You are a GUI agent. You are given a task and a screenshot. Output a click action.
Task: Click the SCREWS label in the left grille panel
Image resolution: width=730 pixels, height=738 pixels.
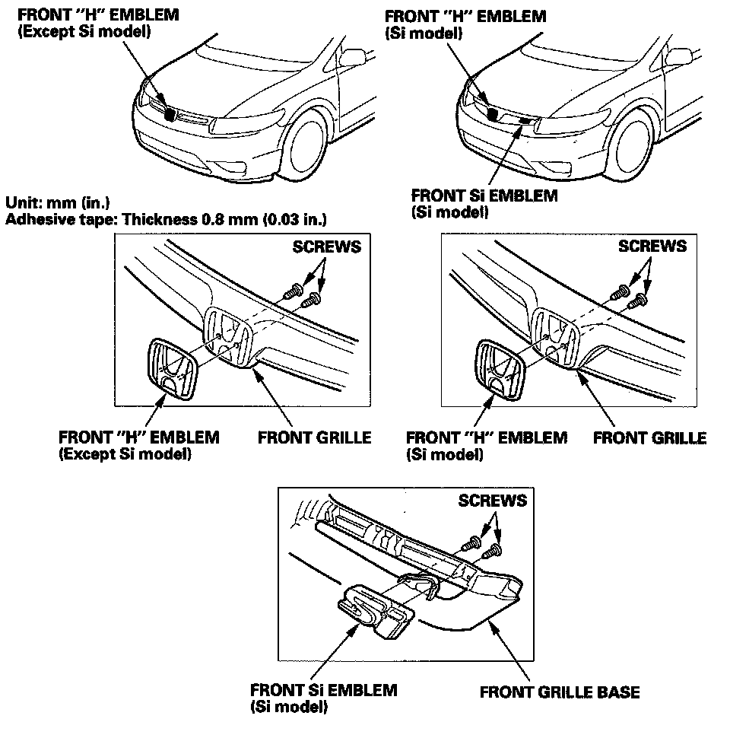click(x=326, y=247)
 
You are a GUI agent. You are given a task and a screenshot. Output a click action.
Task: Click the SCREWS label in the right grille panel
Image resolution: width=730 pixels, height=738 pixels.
click(x=652, y=246)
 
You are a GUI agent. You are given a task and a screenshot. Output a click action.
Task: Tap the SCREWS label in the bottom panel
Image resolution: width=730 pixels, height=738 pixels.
click(x=492, y=501)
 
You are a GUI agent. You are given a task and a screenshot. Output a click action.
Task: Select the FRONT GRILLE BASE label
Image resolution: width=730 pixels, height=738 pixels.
click(x=560, y=692)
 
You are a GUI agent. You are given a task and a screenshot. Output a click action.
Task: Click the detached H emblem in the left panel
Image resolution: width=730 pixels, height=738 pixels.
click(x=171, y=369)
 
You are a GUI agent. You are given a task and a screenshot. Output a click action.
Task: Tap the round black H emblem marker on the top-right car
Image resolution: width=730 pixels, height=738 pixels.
click(x=493, y=114)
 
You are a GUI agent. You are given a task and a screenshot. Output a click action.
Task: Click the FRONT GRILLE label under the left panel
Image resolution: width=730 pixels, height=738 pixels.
click(x=314, y=437)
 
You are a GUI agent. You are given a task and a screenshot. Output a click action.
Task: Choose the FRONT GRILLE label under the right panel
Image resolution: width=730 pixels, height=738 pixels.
click(x=649, y=437)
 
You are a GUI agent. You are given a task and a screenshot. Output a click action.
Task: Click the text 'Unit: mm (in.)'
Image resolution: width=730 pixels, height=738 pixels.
click(x=57, y=203)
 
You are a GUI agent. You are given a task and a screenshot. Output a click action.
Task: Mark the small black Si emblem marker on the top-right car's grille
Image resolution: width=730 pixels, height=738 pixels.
click(x=524, y=120)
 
